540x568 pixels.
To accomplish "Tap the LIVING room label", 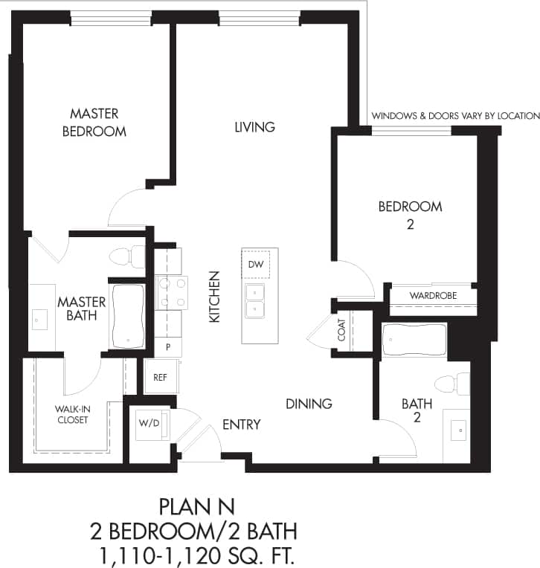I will click(x=254, y=127).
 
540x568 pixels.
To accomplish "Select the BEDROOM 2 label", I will click(x=410, y=214).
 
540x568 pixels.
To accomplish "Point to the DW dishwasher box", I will click(x=255, y=264).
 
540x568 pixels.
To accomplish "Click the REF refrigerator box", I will click(x=159, y=377).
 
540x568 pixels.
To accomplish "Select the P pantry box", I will click(x=168, y=347).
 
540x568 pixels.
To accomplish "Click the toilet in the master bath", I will click(x=126, y=256).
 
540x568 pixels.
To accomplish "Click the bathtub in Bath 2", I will click(x=414, y=341).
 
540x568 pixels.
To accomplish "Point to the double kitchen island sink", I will click(x=254, y=300).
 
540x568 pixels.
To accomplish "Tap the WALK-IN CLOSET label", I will click(x=71, y=414).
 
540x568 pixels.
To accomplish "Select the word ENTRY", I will click(x=242, y=425).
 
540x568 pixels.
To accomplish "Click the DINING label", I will click(x=309, y=404).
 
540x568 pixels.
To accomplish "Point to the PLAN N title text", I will click(x=196, y=507).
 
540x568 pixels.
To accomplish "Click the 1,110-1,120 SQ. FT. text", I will click(x=196, y=554).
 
